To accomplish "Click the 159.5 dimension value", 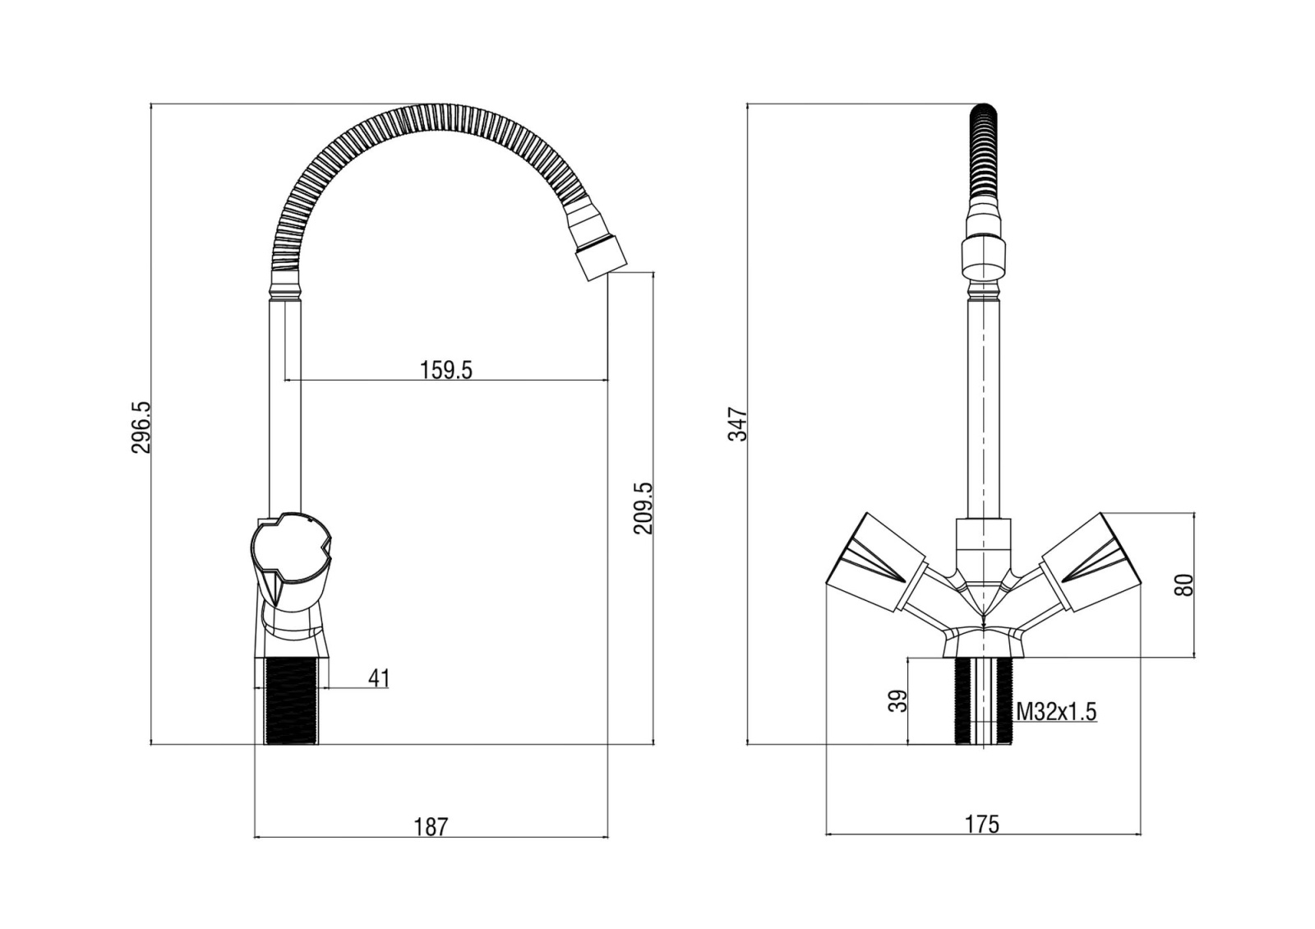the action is pyautogui.click(x=445, y=371).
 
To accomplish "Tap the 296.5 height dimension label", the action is pyautogui.click(x=141, y=428).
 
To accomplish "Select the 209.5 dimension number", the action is pyautogui.click(x=644, y=508).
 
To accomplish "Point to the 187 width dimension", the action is pyautogui.click(x=431, y=827).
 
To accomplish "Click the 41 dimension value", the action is pyautogui.click(x=379, y=678).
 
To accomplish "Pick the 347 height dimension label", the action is pyautogui.click(x=737, y=424).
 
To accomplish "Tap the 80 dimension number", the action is pyautogui.click(x=1184, y=585).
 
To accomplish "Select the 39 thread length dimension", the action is pyautogui.click(x=897, y=701).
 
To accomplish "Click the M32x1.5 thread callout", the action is pyautogui.click(x=1056, y=712).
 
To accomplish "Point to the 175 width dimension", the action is pyautogui.click(x=982, y=825).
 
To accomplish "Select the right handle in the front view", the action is pyautogui.click(x=1091, y=562).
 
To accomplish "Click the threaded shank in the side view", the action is pyautogui.click(x=292, y=701).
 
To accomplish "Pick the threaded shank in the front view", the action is pyautogui.click(x=984, y=701).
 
